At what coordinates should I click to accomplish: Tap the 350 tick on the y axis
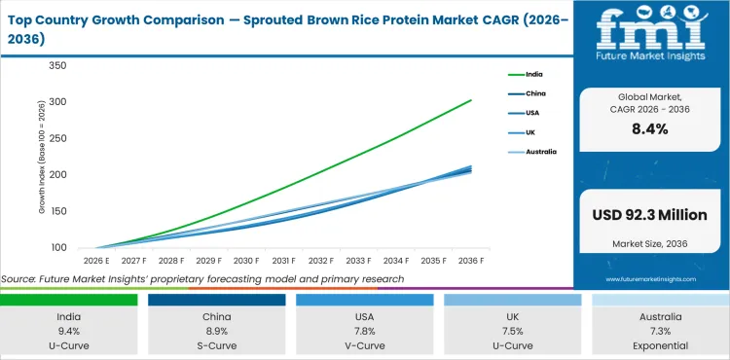(56, 66)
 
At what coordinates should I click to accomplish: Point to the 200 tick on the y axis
(56, 175)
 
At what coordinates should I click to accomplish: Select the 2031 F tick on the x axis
(283, 261)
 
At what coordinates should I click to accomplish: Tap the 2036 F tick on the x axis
(471, 261)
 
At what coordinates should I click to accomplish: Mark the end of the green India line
(472, 100)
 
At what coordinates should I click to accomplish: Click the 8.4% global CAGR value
(650, 128)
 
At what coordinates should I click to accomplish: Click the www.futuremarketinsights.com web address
(650, 278)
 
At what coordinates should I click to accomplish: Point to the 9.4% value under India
(69, 331)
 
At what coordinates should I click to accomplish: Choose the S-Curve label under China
(217, 345)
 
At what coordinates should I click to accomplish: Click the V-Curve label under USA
(365, 345)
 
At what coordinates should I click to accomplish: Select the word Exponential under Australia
(660, 345)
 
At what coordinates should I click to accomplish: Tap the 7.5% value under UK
(513, 331)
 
